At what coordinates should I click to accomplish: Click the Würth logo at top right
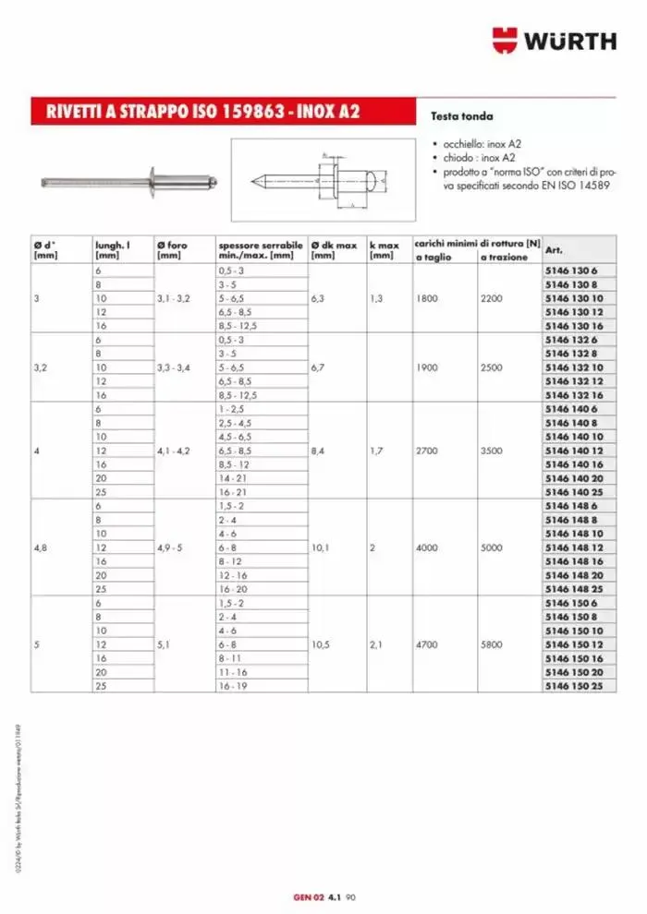(x=554, y=41)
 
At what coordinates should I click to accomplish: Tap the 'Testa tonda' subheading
(x=462, y=117)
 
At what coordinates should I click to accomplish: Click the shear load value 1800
(x=429, y=298)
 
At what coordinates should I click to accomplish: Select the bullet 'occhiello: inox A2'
(x=481, y=145)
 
